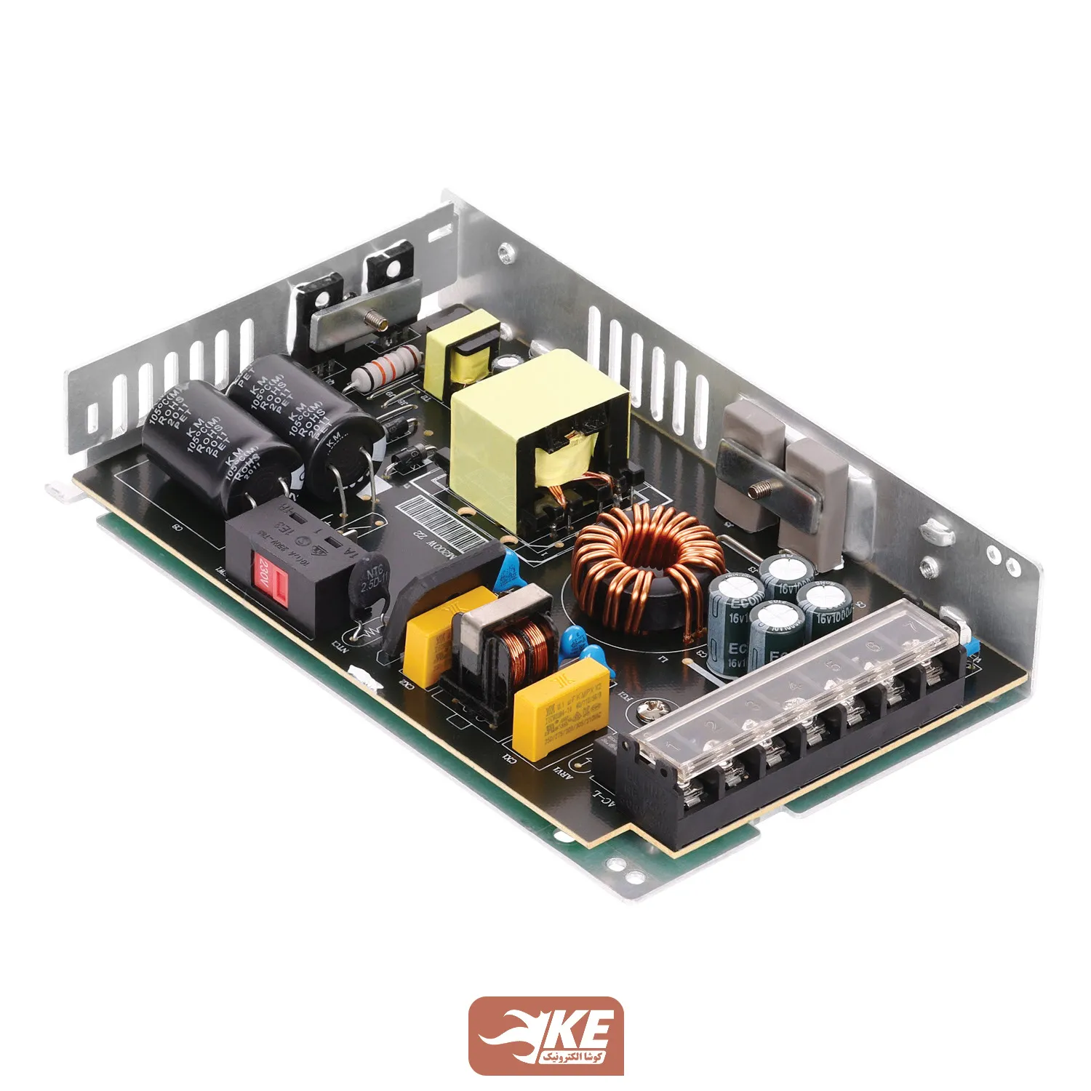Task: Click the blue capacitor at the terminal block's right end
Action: point(970,647)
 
